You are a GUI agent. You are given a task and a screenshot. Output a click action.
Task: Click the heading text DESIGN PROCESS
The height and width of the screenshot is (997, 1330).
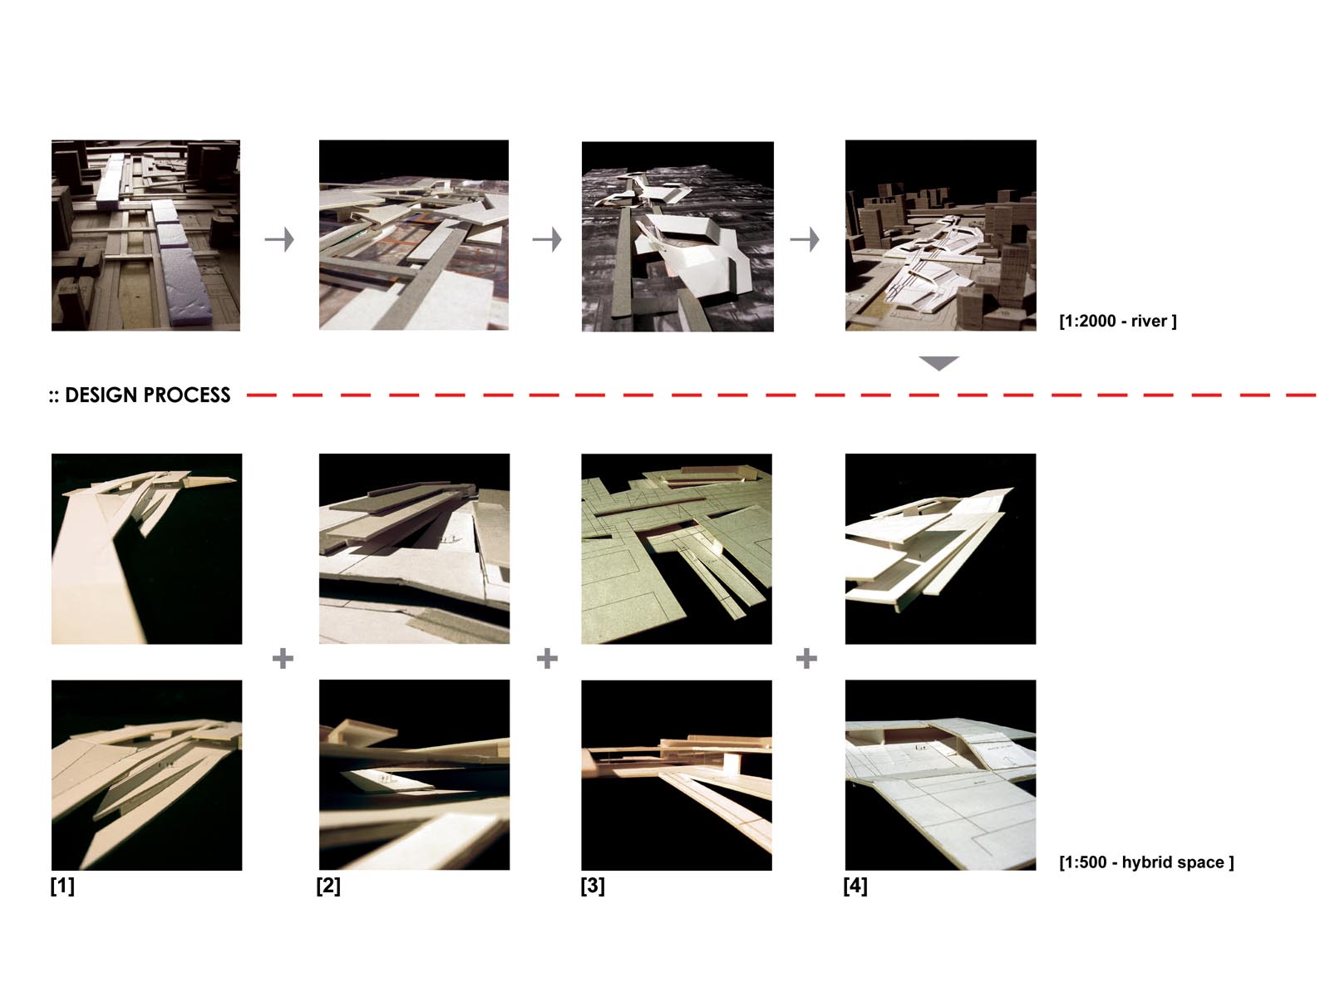point(147,395)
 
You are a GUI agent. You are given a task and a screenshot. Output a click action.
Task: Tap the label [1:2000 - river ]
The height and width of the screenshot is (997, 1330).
point(1118,321)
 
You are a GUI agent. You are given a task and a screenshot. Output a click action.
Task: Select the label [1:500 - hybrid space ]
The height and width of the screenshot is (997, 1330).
point(1146,862)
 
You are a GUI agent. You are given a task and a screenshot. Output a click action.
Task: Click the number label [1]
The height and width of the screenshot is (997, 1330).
point(62,886)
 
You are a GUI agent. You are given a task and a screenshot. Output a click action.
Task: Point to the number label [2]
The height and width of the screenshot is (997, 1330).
point(328,886)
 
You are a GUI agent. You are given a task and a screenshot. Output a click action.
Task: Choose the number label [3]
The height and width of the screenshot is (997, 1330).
point(593,886)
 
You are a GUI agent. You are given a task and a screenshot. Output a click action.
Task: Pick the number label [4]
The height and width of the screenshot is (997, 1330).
point(855,886)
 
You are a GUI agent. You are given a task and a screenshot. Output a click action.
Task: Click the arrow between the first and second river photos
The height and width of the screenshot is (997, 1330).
point(279,240)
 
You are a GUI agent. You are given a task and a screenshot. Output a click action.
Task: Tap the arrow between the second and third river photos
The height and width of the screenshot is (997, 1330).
point(547,240)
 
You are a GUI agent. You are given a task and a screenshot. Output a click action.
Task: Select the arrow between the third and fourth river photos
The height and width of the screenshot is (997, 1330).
point(805,240)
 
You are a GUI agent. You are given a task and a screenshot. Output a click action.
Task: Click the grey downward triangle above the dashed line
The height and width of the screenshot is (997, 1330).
point(938,362)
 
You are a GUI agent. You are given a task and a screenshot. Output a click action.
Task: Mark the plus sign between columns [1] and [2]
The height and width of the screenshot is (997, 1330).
point(283,658)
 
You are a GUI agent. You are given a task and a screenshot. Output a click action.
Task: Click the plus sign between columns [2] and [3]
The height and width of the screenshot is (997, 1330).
point(547,658)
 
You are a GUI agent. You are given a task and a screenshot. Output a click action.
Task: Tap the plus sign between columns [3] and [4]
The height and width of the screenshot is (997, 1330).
point(806,658)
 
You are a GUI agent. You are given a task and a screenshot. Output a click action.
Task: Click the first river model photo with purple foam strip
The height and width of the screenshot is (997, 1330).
point(145,235)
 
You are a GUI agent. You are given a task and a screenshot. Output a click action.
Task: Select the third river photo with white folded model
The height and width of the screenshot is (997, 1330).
point(677,237)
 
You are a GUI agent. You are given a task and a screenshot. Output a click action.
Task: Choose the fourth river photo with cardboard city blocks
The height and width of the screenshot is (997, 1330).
point(940,235)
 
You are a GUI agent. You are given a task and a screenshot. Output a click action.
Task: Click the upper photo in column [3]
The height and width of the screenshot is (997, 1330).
point(676,548)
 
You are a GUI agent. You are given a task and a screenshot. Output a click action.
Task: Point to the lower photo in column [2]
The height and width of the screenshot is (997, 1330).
point(415,775)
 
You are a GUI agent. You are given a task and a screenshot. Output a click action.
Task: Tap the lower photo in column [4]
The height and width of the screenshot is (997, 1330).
point(940,775)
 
